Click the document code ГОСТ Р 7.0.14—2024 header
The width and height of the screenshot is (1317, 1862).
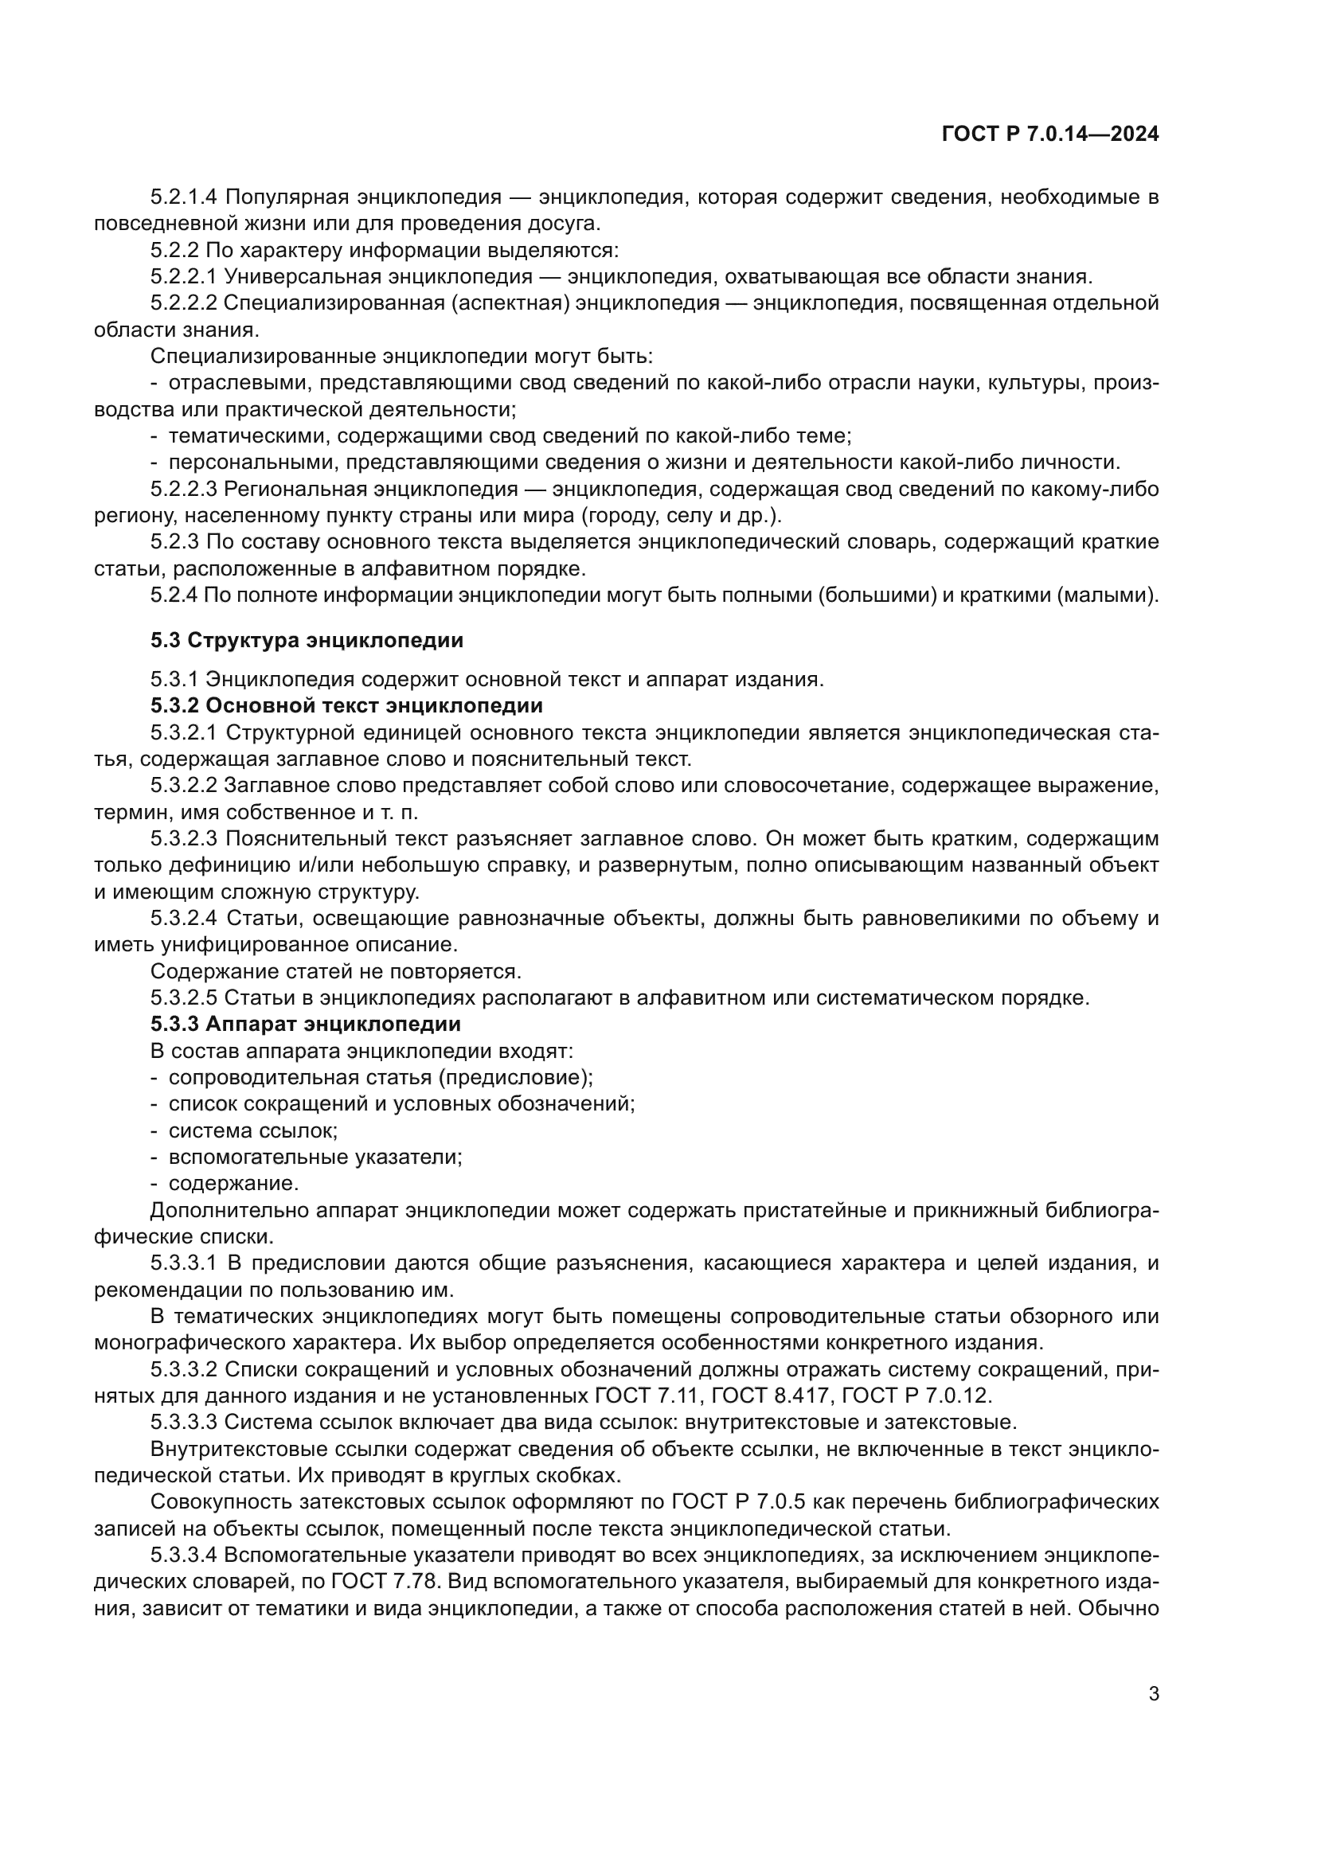(x=1049, y=135)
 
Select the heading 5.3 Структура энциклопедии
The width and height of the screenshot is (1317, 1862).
(x=307, y=641)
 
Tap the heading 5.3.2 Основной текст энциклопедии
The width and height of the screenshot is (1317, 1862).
(x=346, y=705)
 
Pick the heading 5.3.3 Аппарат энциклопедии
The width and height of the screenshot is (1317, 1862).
(x=305, y=1025)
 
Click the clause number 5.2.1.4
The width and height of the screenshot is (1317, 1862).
(x=184, y=197)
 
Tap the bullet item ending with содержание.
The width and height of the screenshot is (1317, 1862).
(x=233, y=1183)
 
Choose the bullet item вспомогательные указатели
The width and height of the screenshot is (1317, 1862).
(x=315, y=1157)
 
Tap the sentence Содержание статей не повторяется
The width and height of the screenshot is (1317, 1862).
(x=336, y=971)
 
